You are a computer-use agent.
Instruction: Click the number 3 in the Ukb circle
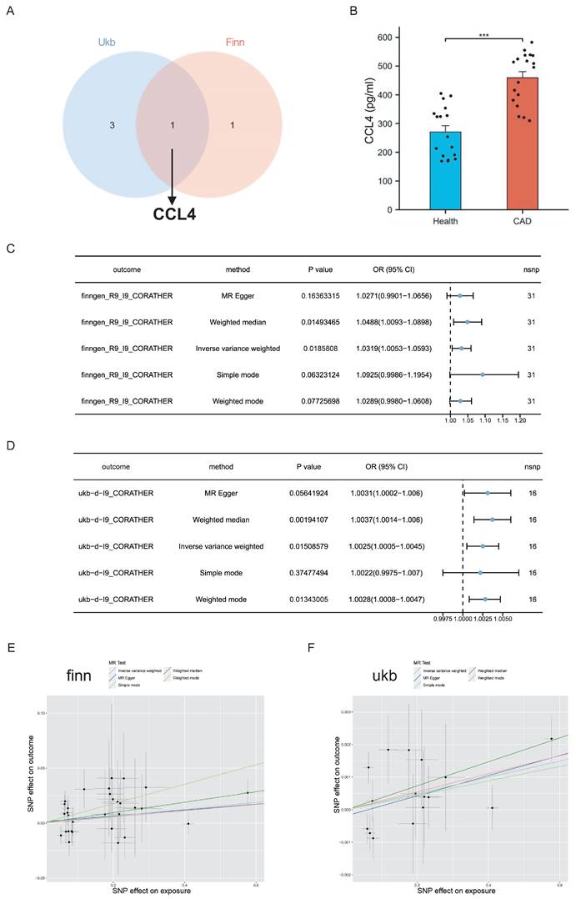pyautogui.click(x=112, y=125)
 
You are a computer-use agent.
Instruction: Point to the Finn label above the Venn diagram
pyautogui.click(x=236, y=42)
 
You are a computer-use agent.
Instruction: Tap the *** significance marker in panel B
pyautogui.click(x=483, y=33)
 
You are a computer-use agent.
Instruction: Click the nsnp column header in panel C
pyautogui.click(x=531, y=269)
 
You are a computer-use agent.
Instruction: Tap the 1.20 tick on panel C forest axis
pyautogui.click(x=519, y=422)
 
